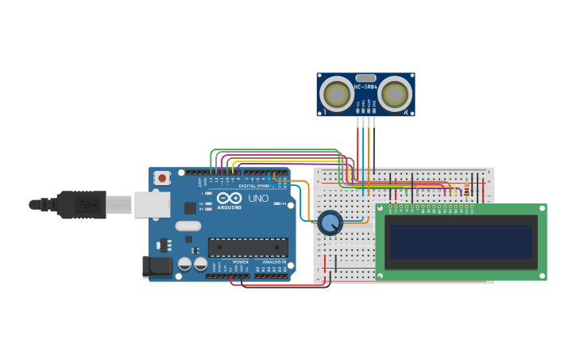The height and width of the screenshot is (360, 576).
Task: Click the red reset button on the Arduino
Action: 162,178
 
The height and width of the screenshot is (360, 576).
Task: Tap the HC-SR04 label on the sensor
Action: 365,87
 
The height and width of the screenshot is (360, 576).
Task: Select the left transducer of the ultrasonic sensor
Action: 337,95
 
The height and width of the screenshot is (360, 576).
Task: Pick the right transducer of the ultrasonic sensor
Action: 395,95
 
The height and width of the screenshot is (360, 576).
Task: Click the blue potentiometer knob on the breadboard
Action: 330,223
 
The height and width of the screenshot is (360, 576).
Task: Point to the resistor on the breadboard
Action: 466,188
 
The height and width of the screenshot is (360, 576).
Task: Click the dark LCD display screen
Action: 461,242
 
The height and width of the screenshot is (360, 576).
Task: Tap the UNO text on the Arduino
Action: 258,199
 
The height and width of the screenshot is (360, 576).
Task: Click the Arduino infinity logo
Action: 229,198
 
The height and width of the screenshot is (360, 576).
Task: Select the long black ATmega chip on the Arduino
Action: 248,247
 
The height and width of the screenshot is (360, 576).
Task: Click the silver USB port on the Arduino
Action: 152,204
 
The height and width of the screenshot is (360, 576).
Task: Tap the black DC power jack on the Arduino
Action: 157,266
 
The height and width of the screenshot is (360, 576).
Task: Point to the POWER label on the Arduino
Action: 240,261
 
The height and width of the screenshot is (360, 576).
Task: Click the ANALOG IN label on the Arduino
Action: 273,261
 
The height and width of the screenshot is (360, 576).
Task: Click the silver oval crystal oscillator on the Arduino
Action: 188,226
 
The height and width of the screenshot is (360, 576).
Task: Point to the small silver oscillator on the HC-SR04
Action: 365,77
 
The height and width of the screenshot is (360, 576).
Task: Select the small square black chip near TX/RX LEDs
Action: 190,207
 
